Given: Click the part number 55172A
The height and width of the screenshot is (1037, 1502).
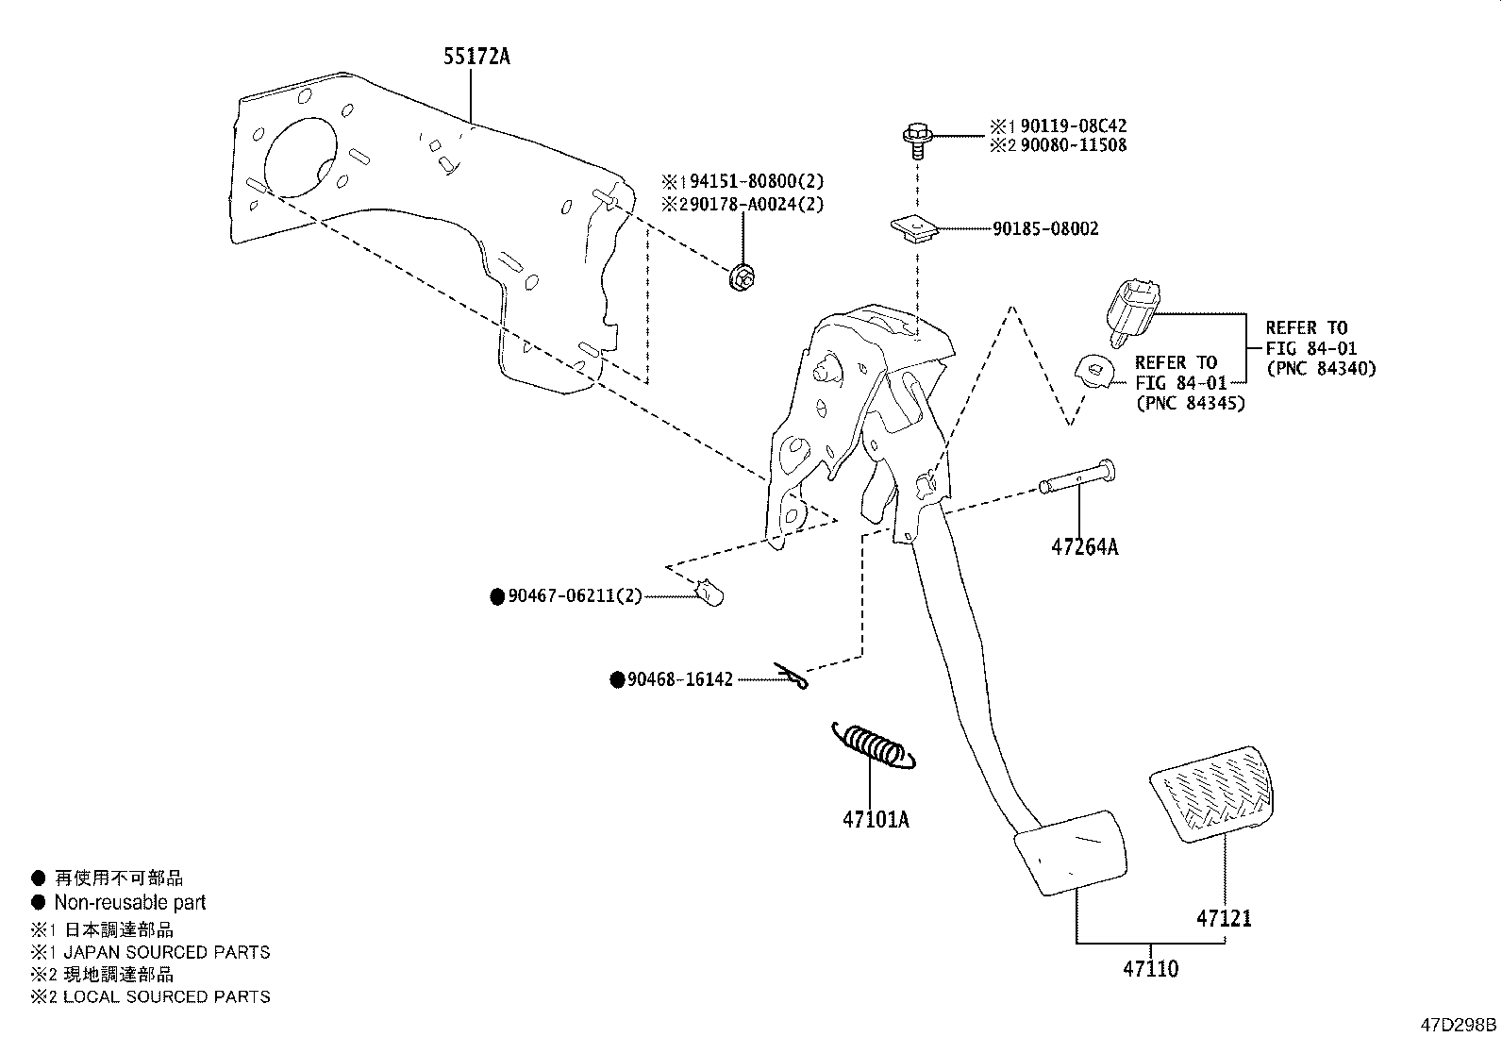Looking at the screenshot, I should click(x=476, y=57).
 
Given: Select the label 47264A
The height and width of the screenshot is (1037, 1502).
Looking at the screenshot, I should click(x=1084, y=547).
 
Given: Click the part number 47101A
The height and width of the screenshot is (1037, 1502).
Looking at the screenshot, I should click(x=875, y=819).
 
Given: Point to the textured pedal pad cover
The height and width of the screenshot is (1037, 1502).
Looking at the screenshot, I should click(x=1210, y=790).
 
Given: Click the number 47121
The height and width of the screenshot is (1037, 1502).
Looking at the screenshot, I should click(x=1224, y=917).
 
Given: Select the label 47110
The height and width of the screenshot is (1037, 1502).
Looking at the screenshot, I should click(x=1150, y=969).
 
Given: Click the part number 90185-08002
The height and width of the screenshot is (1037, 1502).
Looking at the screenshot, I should click(x=1045, y=229).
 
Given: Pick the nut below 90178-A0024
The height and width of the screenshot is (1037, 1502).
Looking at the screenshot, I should click(x=743, y=277).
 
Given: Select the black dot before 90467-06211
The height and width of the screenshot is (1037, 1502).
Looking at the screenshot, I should click(x=497, y=596).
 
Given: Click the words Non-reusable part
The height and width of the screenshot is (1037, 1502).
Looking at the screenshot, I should click(x=129, y=902).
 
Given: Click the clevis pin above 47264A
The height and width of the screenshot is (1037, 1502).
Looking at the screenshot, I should click(x=1076, y=477).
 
